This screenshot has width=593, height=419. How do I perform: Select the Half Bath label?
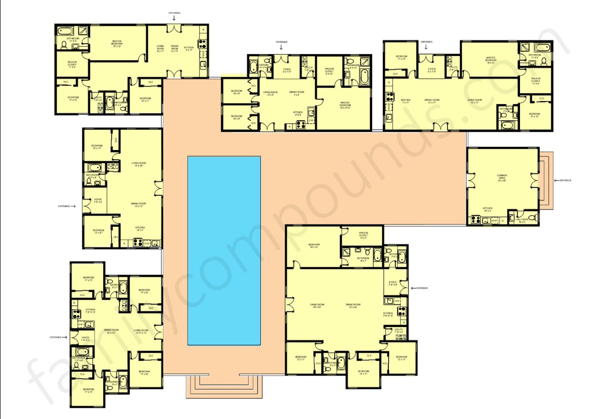(522, 221)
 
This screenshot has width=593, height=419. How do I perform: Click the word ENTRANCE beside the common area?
(566, 180)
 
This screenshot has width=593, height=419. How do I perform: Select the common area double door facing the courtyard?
(470, 180)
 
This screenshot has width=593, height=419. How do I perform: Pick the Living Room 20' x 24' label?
(317, 306)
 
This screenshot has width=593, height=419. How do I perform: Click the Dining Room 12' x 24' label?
(353, 306)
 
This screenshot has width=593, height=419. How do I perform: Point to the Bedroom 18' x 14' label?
(314, 246)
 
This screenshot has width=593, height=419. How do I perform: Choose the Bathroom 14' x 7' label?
(363, 259)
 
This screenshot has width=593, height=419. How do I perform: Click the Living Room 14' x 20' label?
(139, 164)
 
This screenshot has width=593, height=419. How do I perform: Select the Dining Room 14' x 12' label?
(138, 205)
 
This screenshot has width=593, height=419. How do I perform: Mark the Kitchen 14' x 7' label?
(140, 229)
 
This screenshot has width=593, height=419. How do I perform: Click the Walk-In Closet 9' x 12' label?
(329, 71)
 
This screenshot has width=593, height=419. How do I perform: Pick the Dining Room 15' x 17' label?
(432, 101)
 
